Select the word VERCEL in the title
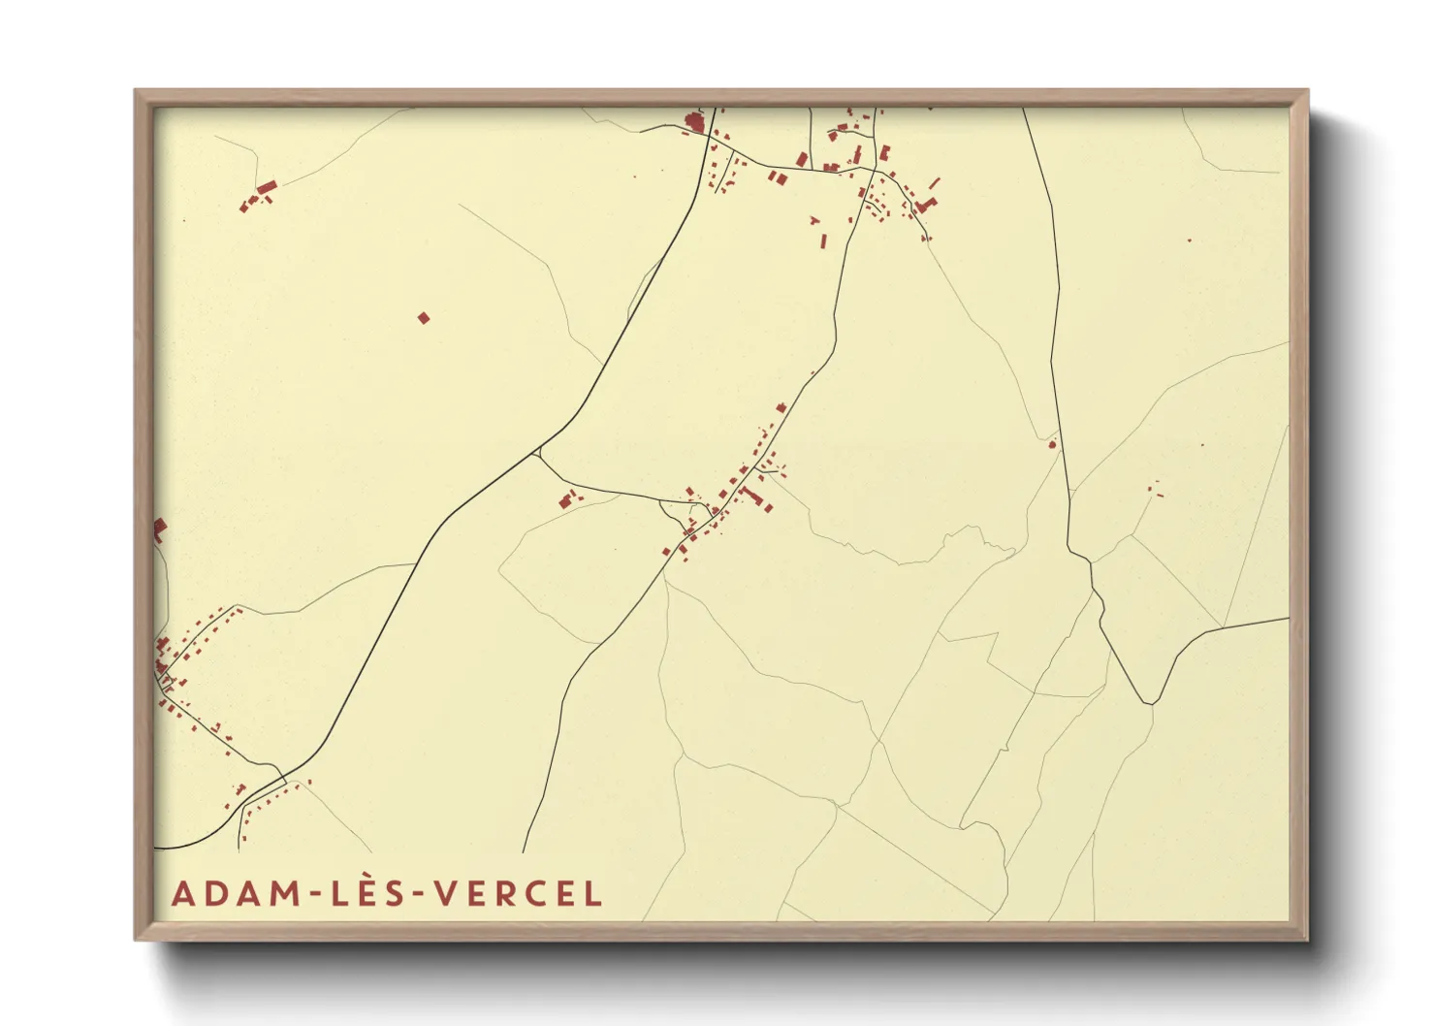click(519, 893)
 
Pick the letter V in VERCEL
click(447, 893)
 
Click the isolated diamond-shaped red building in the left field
click(423, 317)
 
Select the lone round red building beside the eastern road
click(1052, 444)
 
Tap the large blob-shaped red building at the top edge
click(693, 123)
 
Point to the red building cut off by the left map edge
click(159, 529)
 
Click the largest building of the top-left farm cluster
click(267, 186)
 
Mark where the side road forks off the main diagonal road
click(539, 452)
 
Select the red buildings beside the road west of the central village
click(566, 500)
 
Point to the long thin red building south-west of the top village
click(824, 240)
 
